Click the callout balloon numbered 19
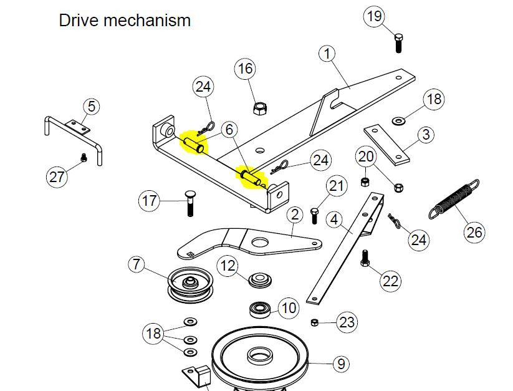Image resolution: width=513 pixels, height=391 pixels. click(x=375, y=16)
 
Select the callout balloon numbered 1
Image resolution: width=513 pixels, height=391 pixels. click(x=327, y=53)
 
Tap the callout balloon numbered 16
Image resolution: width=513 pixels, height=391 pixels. click(x=245, y=68)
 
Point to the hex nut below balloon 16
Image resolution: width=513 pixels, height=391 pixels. click(x=259, y=108)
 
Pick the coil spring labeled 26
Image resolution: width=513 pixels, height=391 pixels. click(x=454, y=199)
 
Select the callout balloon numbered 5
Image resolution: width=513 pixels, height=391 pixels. click(x=91, y=107)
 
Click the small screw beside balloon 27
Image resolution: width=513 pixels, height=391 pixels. click(x=84, y=158)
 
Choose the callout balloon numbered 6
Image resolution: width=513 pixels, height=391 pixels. click(x=229, y=130)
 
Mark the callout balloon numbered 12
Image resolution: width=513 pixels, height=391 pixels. click(x=228, y=266)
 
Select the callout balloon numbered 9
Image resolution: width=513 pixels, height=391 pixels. click(x=340, y=362)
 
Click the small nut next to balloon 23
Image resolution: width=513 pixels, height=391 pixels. click(x=315, y=322)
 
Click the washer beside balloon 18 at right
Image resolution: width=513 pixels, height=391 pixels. click(x=398, y=118)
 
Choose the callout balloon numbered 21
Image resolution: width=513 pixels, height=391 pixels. click(x=337, y=186)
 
